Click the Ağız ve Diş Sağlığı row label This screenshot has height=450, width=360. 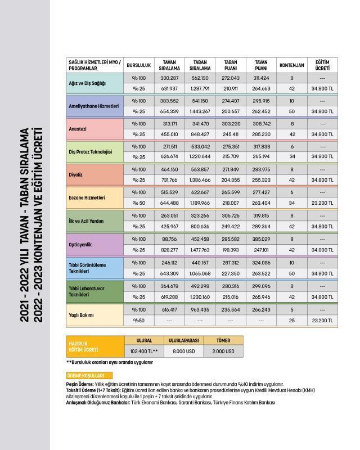(87, 83)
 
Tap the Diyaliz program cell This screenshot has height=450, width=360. (76, 174)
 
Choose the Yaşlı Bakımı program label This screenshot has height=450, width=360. (82, 315)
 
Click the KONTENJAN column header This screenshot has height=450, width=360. (291, 65)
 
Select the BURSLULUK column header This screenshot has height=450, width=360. (138, 65)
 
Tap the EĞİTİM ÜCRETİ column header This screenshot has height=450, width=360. (322, 65)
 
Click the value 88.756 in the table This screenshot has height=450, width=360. (169, 238)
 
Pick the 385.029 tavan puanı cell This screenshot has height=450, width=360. (261, 238)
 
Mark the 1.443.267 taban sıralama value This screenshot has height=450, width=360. (201, 111)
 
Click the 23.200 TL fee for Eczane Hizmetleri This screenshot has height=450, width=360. (322, 203)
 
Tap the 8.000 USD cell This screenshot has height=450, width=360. (183, 352)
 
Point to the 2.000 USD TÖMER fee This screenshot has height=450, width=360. (224, 352)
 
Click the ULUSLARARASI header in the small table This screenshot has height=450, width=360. (183, 340)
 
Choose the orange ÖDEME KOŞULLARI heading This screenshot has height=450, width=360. (89, 376)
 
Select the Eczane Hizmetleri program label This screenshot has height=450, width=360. (87, 198)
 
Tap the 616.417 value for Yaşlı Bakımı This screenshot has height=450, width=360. (169, 309)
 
